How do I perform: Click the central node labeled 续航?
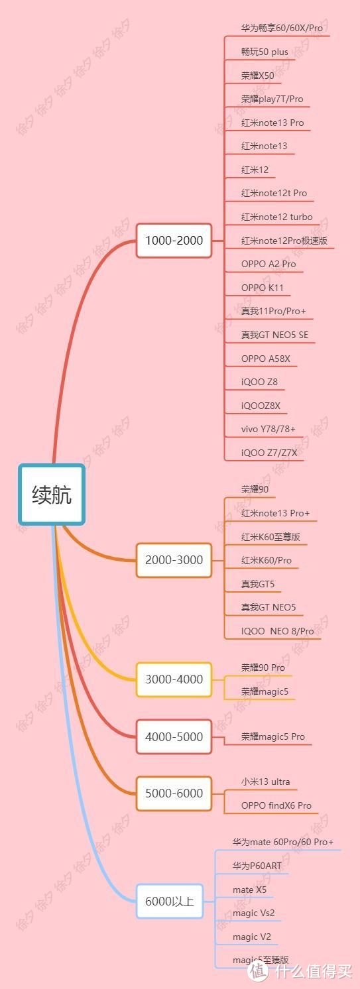(52, 495)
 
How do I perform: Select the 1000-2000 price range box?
(174, 241)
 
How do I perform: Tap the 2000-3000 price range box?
(174, 560)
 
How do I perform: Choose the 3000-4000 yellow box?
(174, 679)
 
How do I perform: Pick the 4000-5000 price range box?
(174, 737)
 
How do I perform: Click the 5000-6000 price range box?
(174, 793)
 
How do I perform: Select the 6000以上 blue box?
(170, 901)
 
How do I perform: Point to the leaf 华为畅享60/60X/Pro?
(282, 28)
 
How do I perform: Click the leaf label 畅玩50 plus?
(265, 52)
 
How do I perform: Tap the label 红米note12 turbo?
(277, 217)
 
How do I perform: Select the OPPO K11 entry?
(263, 288)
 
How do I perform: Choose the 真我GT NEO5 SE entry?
(274, 335)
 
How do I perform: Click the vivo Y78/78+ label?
(268, 429)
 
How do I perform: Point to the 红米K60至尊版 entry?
(270, 537)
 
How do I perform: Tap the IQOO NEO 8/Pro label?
(277, 631)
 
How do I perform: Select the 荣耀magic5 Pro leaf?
(273, 736)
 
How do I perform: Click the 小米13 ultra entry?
(265, 782)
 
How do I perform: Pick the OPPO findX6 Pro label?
(276, 805)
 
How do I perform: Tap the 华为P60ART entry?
(257, 866)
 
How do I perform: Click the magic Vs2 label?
(253, 913)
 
